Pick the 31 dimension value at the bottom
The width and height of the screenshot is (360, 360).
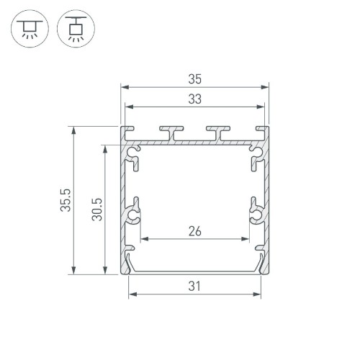click(x=194, y=286)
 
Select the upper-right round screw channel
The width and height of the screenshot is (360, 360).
click(x=256, y=153)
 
